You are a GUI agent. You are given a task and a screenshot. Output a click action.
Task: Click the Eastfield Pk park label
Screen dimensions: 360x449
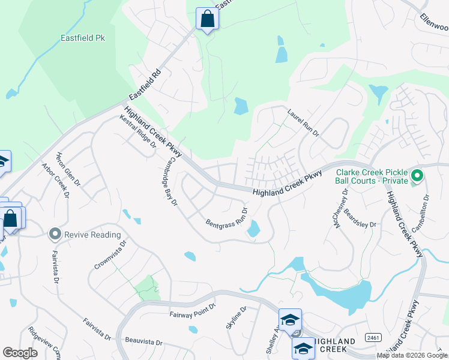click(83, 38)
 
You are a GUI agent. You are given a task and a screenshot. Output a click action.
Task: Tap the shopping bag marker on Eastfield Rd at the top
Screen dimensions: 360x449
click(207, 19)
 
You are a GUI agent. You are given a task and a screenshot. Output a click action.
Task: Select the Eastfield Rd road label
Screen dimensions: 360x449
click(145, 87)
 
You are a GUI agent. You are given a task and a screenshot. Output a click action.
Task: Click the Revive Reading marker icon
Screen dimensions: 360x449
click(56, 234)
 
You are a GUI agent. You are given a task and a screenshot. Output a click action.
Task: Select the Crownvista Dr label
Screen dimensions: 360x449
click(111, 254)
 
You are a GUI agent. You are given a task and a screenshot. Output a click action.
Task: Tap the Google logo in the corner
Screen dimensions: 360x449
click(20, 353)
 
